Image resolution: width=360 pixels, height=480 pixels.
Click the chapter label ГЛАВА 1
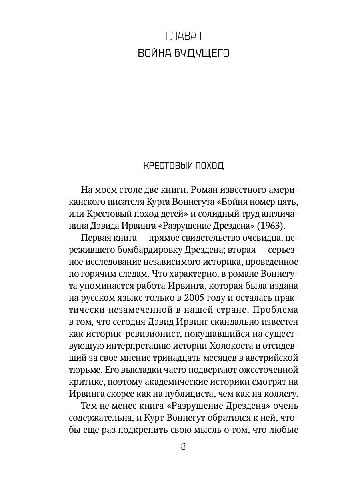(x=183, y=36)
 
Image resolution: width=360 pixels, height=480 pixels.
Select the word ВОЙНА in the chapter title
(x=154, y=53)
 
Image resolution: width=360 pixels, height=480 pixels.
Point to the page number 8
(x=183, y=447)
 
